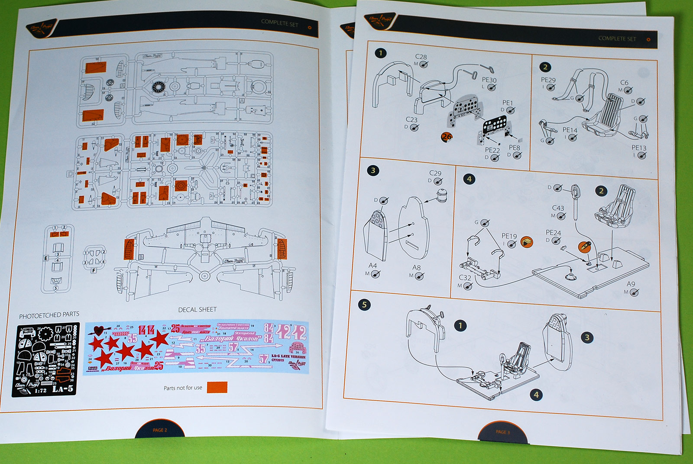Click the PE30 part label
pyautogui.click(x=489, y=80)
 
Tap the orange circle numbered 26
pyautogui.click(x=447, y=137)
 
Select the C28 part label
pyautogui.click(x=421, y=57)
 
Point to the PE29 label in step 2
pyautogui.click(x=548, y=80)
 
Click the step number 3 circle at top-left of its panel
pyautogui.click(x=373, y=170)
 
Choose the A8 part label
pyautogui.click(x=416, y=268)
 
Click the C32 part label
pyautogui.click(x=465, y=278)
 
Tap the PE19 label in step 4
pyautogui.click(x=509, y=236)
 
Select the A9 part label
pyautogui.click(x=631, y=284)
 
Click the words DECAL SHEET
pyautogui.click(x=197, y=309)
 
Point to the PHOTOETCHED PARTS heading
pyautogui.click(x=49, y=315)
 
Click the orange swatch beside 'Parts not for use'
pyautogui.click(x=217, y=387)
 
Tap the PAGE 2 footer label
pyautogui.click(x=160, y=430)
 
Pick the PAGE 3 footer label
pyautogui.click(x=503, y=432)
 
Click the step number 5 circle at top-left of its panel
pyautogui.click(x=364, y=305)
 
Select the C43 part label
pyautogui.click(x=558, y=208)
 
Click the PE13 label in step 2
pyautogui.click(x=638, y=148)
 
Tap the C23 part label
pyautogui.click(x=411, y=120)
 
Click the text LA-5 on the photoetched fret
pyautogui.click(x=63, y=389)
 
